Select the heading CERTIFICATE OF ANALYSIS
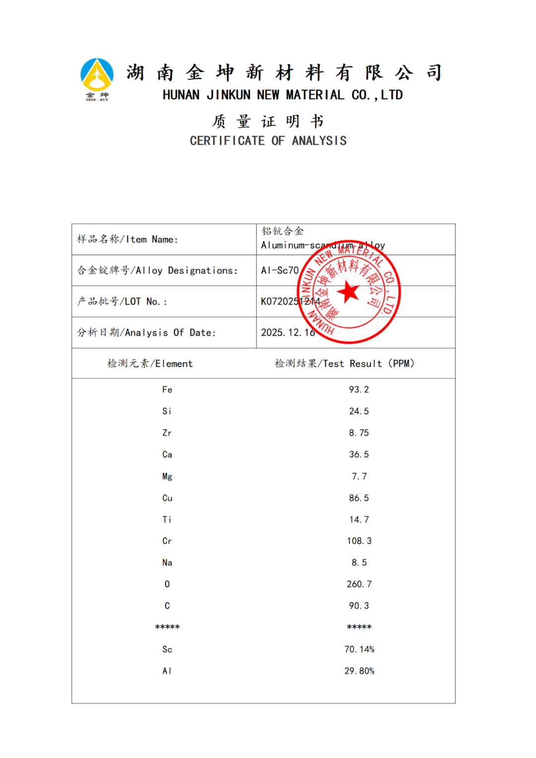268,141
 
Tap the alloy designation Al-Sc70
280,271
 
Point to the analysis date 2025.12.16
288,333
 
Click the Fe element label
167,390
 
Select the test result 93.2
359,390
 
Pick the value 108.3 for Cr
359,541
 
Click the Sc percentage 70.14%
359,649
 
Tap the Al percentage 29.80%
359,671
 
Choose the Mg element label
167,477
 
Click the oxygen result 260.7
359,584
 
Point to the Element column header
150,364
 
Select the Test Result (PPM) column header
344,364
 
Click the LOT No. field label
122,302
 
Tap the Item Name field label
128,240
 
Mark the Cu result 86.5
359,498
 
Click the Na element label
167,563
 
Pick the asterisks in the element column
167,627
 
